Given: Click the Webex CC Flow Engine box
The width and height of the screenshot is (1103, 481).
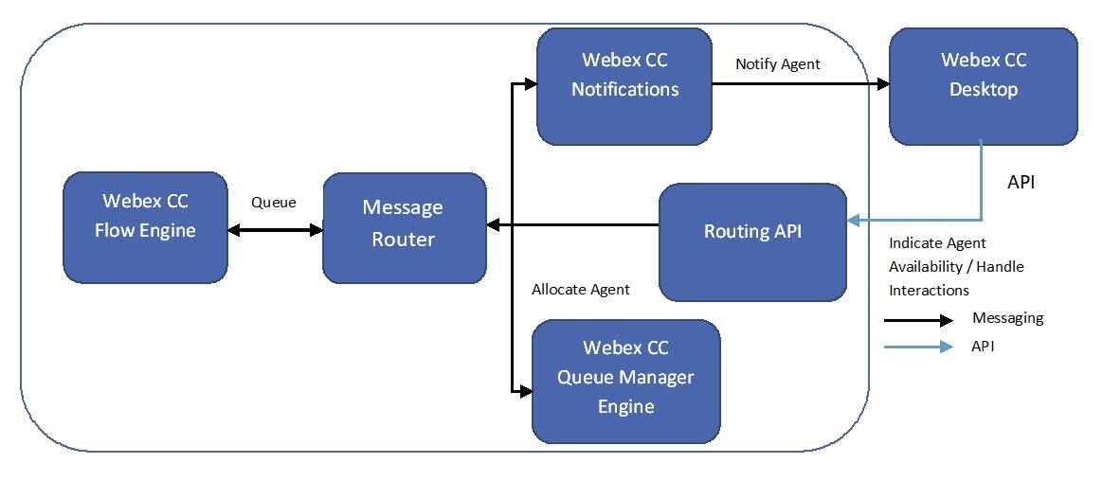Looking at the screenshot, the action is click(146, 227).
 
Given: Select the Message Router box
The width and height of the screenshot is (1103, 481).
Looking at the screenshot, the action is click(405, 228).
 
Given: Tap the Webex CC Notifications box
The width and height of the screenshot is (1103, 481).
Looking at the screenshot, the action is click(624, 86).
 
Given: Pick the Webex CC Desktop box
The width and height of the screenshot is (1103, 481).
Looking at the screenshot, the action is click(984, 86).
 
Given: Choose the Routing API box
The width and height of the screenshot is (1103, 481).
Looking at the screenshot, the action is click(752, 242).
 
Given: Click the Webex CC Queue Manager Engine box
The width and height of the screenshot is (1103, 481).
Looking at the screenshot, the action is click(626, 382).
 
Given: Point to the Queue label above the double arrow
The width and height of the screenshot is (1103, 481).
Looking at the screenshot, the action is click(274, 203).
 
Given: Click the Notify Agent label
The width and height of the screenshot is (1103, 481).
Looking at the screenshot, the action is click(778, 64).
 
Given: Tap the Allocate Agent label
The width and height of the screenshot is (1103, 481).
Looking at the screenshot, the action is click(581, 289).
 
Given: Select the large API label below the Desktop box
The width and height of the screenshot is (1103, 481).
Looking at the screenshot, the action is click(1022, 182).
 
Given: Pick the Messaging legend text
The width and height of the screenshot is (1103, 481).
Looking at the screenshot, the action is click(1008, 318).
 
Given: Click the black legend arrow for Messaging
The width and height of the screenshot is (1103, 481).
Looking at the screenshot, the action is click(919, 321).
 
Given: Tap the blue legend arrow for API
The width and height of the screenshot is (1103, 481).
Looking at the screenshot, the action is click(919, 347).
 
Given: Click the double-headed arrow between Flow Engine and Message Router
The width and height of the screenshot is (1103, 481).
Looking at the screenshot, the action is click(275, 229).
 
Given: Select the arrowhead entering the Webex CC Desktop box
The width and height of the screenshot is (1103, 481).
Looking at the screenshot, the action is click(883, 84).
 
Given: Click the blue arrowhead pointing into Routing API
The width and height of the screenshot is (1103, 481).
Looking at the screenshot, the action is click(853, 221).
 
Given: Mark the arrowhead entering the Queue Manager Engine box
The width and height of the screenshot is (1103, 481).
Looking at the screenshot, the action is click(526, 392).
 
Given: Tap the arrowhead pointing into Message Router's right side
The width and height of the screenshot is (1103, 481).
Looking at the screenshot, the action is click(493, 225).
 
